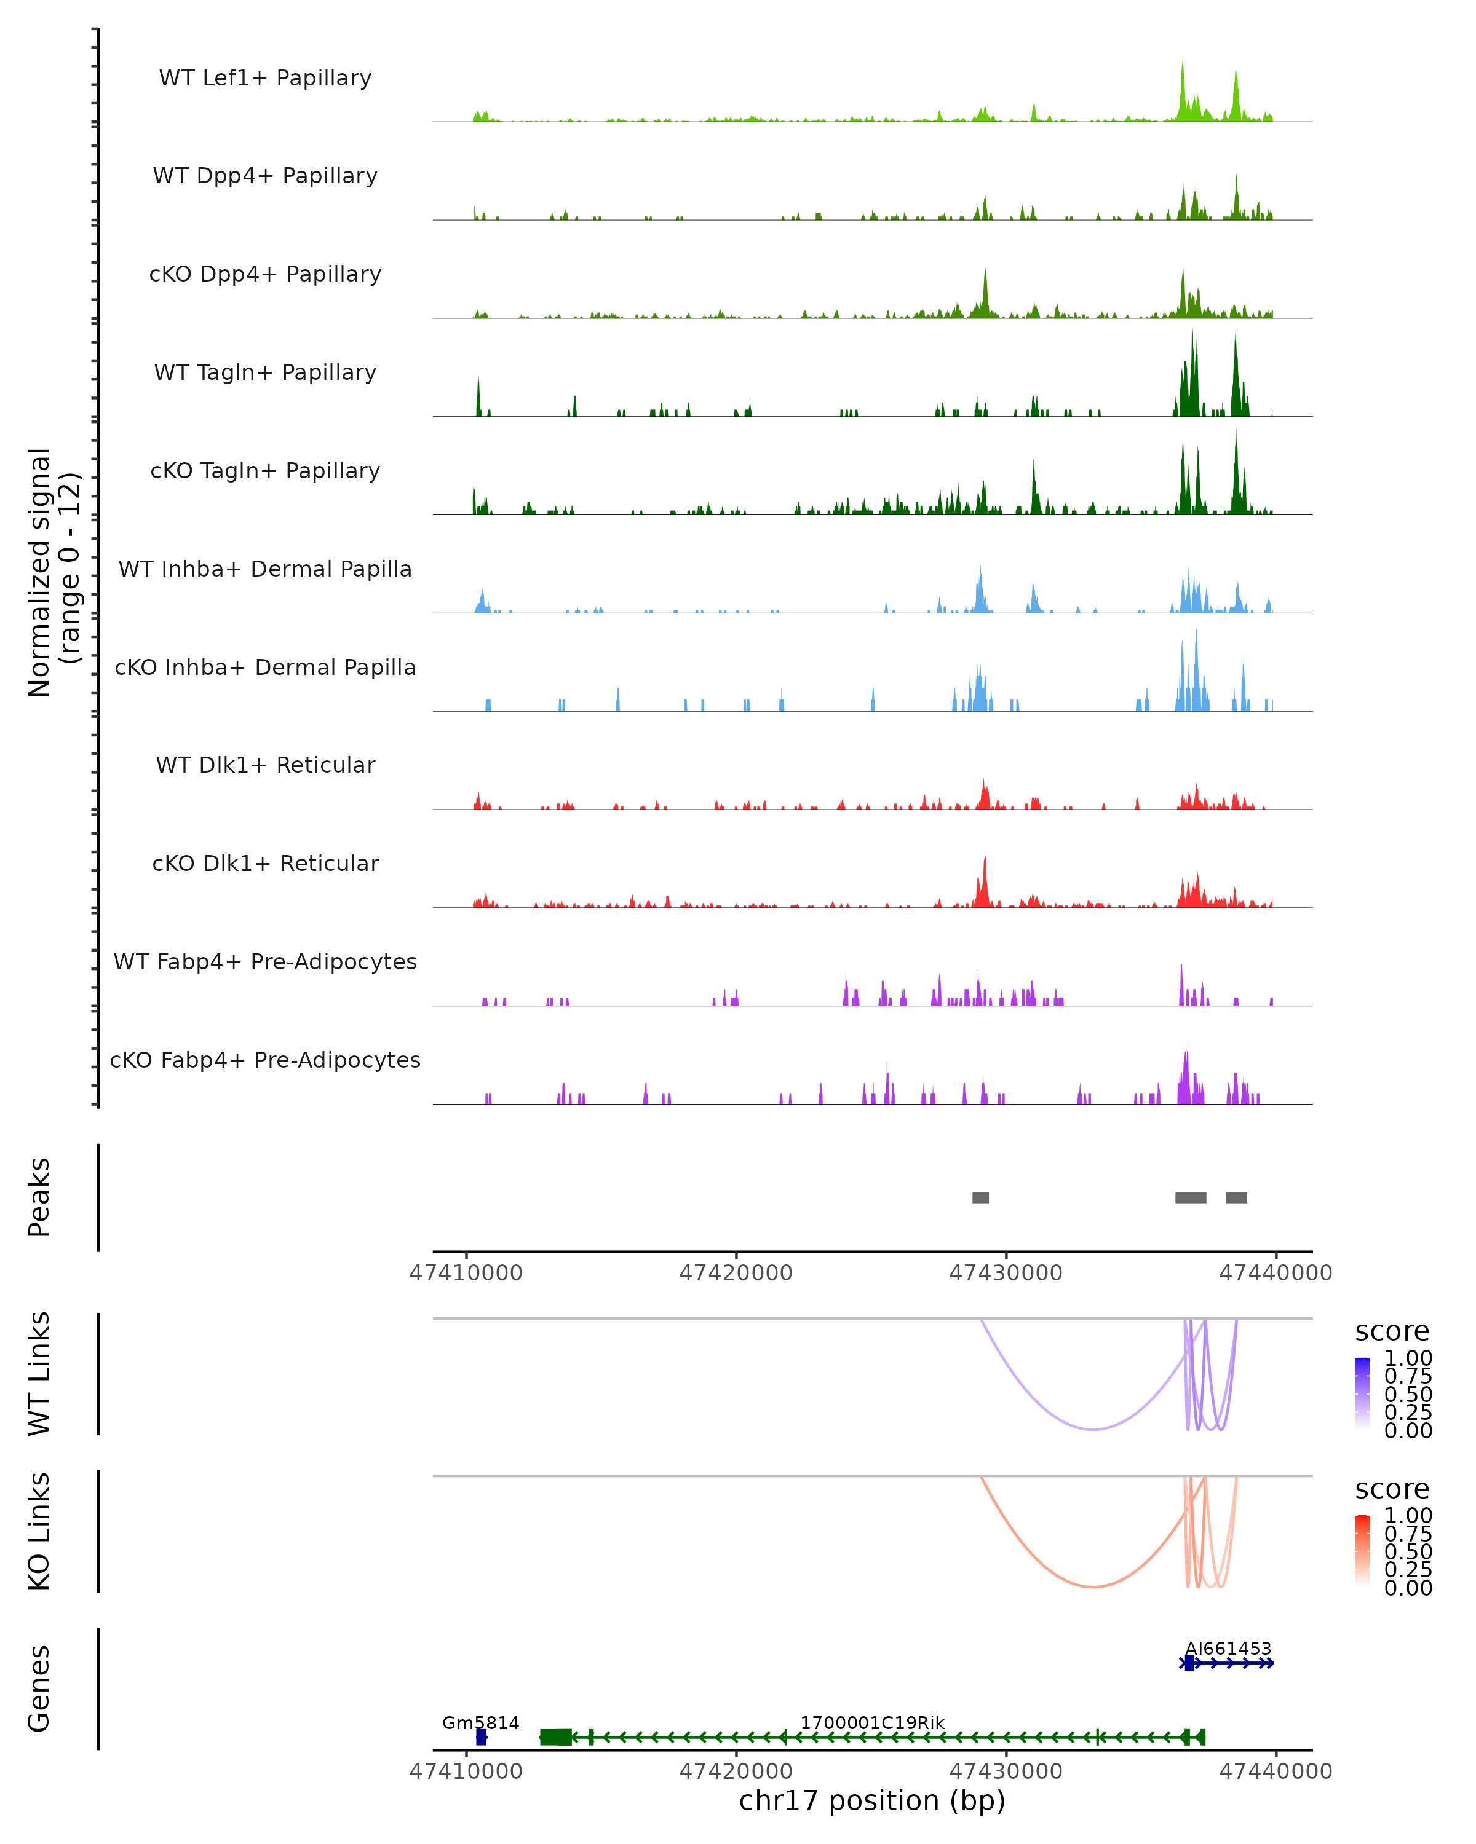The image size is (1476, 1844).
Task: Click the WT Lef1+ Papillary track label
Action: coord(265,78)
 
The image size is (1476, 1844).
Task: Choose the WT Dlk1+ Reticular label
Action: coord(265,765)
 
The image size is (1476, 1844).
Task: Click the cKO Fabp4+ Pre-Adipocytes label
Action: coord(265,1060)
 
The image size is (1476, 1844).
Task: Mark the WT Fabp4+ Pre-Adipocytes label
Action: coord(265,961)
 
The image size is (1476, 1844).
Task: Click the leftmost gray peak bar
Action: coord(980,1197)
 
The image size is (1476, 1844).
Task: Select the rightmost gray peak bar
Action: coord(1236,1197)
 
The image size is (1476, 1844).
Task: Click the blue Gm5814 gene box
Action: coord(482,1737)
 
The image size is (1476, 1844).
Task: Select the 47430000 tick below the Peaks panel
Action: coord(1006,1273)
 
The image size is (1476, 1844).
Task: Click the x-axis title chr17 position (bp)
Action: coord(872,1800)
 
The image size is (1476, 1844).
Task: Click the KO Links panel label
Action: coord(39,1531)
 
